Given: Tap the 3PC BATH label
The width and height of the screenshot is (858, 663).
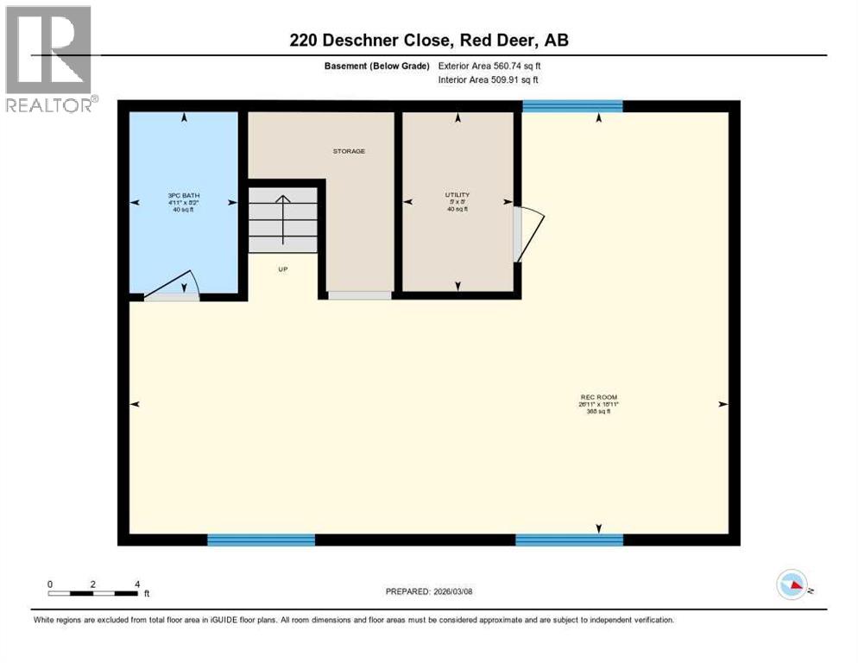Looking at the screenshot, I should pyautogui.click(x=184, y=196).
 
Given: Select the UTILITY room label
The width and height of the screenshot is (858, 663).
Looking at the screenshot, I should pyautogui.click(x=457, y=195).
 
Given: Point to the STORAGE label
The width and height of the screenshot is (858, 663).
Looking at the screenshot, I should pyautogui.click(x=349, y=151).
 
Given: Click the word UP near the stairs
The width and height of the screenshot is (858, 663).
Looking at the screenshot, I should pyautogui.click(x=282, y=269).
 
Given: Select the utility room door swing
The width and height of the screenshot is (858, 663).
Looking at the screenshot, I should pyautogui.click(x=528, y=233).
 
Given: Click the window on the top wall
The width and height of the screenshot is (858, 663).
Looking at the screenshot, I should pyautogui.click(x=572, y=106).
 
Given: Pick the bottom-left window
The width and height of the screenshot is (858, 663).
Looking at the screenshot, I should pyautogui.click(x=261, y=540).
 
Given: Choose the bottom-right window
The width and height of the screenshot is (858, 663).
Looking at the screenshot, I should pyautogui.click(x=569, y=540).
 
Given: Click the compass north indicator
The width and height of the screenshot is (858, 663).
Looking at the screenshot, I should pyautogui.click(x=792, y=584).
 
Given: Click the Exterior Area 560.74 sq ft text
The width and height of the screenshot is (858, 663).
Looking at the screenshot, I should pyautogui.click(x=489, y=66).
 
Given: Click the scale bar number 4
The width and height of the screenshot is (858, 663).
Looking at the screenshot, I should pyautogui.click(x=137, y=584).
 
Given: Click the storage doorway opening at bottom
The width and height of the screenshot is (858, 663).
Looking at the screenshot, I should pyautogui.click(x=359, y=295).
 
